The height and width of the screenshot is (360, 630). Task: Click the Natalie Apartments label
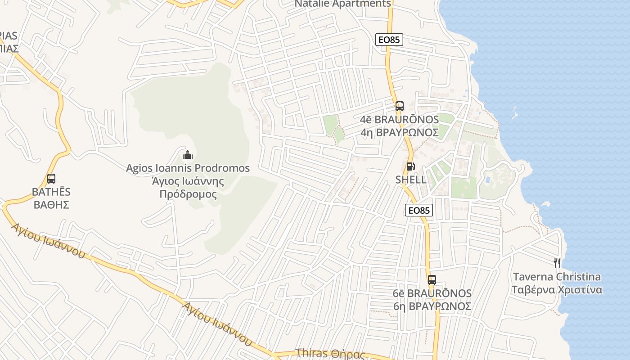(342, 4)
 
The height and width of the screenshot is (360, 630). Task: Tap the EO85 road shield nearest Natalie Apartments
(389, 40)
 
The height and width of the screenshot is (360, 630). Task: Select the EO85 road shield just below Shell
(419, 210)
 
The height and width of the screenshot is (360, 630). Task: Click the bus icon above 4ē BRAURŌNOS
(400, 107)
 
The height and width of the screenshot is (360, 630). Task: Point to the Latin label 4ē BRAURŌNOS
(400, 120)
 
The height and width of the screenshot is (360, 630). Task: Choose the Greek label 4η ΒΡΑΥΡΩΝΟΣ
(400, 132)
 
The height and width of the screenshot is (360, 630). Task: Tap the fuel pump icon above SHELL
(410, 166)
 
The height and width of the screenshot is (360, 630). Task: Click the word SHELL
(411, 180)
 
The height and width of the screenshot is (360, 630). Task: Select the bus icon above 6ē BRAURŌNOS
(432, 279)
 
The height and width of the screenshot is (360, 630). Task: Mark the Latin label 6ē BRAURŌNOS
(432, 293)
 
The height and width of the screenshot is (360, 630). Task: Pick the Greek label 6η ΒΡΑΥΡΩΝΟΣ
(432, 306)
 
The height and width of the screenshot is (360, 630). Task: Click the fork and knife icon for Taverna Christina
(557, 263)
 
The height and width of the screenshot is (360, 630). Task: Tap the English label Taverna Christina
(557, 277)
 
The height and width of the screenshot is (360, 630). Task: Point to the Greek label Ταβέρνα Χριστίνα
(557, 289)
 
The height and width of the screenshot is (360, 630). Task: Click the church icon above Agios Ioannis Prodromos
(188, 155)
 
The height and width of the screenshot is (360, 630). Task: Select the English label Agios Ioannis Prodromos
(188, 168)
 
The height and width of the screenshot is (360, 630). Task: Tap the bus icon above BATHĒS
(51, 179)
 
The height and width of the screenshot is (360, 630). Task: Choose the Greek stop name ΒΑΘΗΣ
(51, 205)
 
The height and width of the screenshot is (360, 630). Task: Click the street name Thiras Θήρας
(330, 354)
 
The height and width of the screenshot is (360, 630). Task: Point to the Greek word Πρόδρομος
(188, 194)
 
